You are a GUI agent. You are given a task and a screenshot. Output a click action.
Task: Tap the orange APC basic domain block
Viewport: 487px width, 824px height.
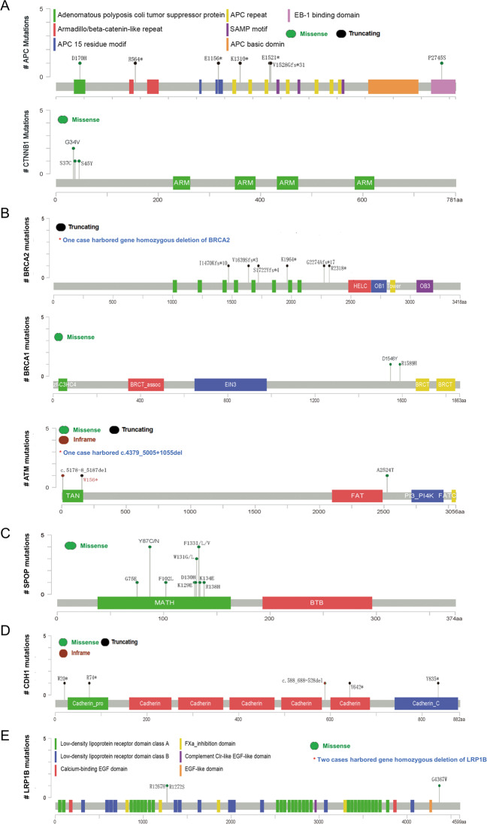[x=393, y=86]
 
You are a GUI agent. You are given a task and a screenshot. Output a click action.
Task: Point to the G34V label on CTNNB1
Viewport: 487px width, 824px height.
[x=74, y=141]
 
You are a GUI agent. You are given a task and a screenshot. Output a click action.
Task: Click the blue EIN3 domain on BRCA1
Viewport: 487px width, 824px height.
[x=230, y=384]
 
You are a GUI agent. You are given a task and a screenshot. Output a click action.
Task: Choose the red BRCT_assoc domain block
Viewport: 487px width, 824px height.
[x=145, y=384]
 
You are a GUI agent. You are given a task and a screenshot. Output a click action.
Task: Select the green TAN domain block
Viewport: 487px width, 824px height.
[x=72, y=496]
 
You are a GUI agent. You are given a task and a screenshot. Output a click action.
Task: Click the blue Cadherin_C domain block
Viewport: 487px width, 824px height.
[x=426, y=703]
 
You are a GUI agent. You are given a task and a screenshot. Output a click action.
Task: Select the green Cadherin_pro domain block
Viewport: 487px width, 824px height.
[x=89, y=703]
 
